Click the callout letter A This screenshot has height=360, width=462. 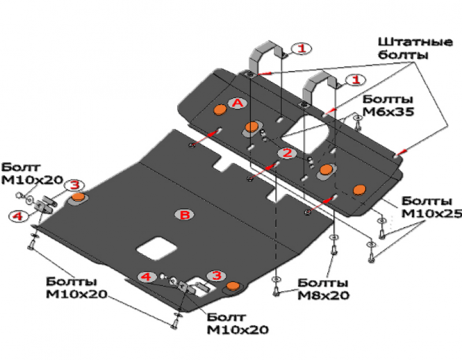tap(237, 103)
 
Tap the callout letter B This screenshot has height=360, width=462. tap(185, 215)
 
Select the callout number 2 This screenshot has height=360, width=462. tap(286, 153)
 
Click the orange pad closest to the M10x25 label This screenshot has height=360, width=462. tap(360, 190)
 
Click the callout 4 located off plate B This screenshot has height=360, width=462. tap(18, 215)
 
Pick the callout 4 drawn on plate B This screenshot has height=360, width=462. tap(147, 277)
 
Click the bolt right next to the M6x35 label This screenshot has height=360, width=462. tap(357, 121)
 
